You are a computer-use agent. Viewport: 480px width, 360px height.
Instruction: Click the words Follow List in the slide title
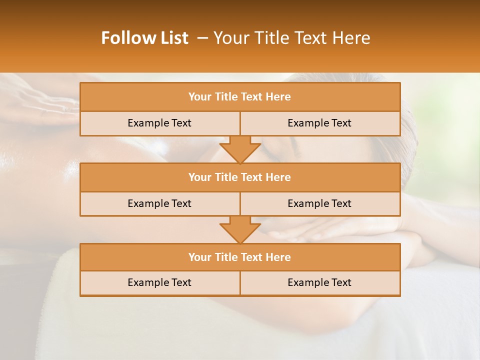(x=145, y=38)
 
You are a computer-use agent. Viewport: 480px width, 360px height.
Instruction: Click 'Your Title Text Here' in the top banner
(x=291, y=38)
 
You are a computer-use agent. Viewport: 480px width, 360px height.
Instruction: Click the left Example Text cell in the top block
(x=159, y=123)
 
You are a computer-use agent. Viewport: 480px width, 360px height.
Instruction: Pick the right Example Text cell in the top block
(x=319, y=123)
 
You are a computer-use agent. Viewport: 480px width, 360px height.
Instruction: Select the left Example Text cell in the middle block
(x=159, y=203)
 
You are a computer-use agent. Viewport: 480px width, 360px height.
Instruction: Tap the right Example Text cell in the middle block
(x=319, y=203)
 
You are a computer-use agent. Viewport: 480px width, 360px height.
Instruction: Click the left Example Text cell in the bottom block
(x=159, y=282)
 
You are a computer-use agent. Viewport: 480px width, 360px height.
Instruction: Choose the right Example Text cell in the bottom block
(x=319, y=282)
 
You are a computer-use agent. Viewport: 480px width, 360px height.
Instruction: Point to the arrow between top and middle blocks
(x=240, y=149)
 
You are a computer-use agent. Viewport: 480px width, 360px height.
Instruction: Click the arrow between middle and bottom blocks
(x=240, y=229)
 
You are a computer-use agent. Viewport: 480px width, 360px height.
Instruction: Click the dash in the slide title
(x=202, y=38)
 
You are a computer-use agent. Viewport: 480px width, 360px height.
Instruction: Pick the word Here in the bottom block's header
(x=278, y=257)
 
